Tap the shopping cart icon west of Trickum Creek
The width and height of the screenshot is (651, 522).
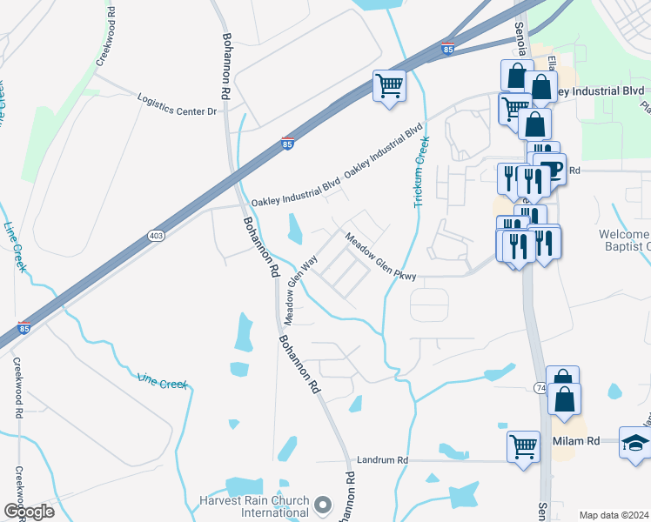coord(390,85)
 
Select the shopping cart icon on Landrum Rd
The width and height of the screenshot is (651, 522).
coord(523,447)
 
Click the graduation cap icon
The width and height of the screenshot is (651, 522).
coord(634,444)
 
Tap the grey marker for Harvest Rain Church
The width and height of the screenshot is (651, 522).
coord(324,505)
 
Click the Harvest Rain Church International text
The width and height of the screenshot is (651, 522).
coord(253,506)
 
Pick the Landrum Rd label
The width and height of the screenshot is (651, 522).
coord(377,459)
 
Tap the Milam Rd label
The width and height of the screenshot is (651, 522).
coord(576,442)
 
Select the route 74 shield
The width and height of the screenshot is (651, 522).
coord(540,385)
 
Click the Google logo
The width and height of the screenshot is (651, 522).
coord(29,512)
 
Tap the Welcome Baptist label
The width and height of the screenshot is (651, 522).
coord(624,241)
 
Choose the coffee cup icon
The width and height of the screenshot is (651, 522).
coord(551,169)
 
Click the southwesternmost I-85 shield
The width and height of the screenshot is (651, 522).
coord(23,329)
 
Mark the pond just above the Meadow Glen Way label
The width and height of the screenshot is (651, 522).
coord(294,230)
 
